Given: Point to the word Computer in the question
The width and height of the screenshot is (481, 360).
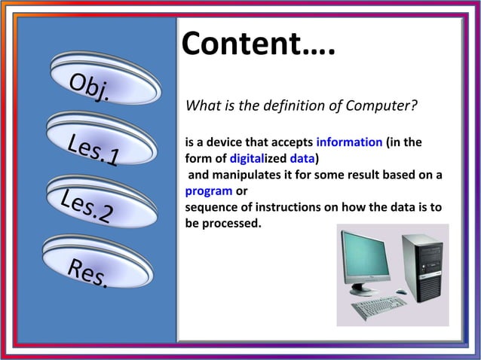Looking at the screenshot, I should (x=382, y=105).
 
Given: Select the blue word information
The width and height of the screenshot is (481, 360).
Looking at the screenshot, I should (x=348, y=142).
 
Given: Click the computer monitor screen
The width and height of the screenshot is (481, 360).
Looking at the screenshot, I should (x=366, y=257).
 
